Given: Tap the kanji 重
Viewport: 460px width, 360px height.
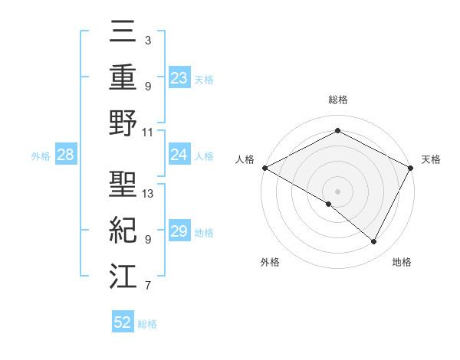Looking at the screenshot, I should (x=123, y=77).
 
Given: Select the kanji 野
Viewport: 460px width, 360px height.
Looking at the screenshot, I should (x=123, y=123).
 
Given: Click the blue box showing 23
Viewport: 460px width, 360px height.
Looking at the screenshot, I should (x=179, y=77).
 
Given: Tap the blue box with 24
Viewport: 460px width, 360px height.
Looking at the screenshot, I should (x=179, y=155).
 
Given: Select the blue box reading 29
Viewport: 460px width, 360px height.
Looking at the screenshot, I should (x=179, y=231).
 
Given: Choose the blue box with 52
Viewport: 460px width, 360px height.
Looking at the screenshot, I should (x=123, y=322).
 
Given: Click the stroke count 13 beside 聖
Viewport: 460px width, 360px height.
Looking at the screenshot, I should (x=148, y=194).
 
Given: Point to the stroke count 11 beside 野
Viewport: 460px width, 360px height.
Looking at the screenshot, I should (x=148, y=132).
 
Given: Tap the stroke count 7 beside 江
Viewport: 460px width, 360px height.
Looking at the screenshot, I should (x=148, y=286).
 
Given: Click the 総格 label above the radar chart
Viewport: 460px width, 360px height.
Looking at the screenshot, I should (x=337, y=100).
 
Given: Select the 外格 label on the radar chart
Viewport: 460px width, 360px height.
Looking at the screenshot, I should (x=270, y=262).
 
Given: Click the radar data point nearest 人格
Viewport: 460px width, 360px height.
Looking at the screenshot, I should (x=264, y=167).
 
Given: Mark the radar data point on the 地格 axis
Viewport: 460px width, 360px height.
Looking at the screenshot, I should (x=374, y=241).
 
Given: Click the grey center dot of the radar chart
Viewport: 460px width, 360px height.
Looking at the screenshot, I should (x=337, y=191).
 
